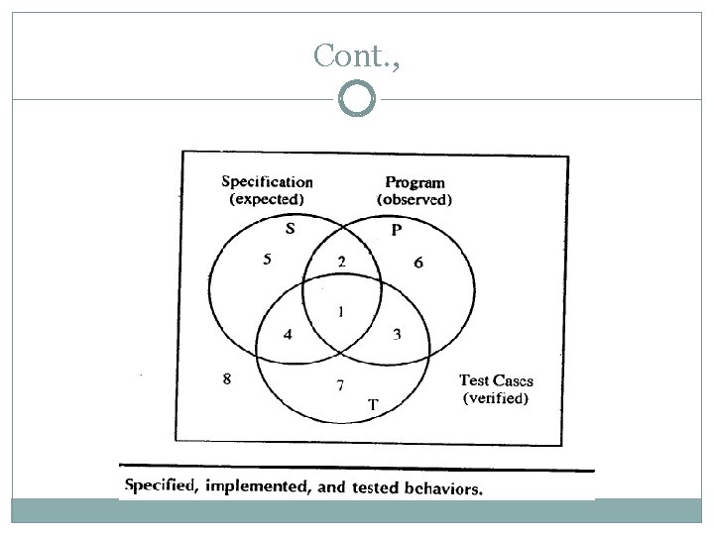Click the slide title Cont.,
point(356,56)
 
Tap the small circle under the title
point(356,98)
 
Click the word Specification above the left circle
point(267,181)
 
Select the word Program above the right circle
point(415,182)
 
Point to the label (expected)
point(267,198)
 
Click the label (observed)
point(415,199)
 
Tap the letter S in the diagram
point(290,229)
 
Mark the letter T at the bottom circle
point(373,404)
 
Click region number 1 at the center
point(341,311)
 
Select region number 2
point(341,263)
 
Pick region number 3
point(397,335)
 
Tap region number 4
point(288,335)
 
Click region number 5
point(266,261)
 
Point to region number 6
point(418,263)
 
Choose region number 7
point(341,384)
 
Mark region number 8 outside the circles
point(227,377)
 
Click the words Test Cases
point(496,381)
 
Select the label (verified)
point(497,399)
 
